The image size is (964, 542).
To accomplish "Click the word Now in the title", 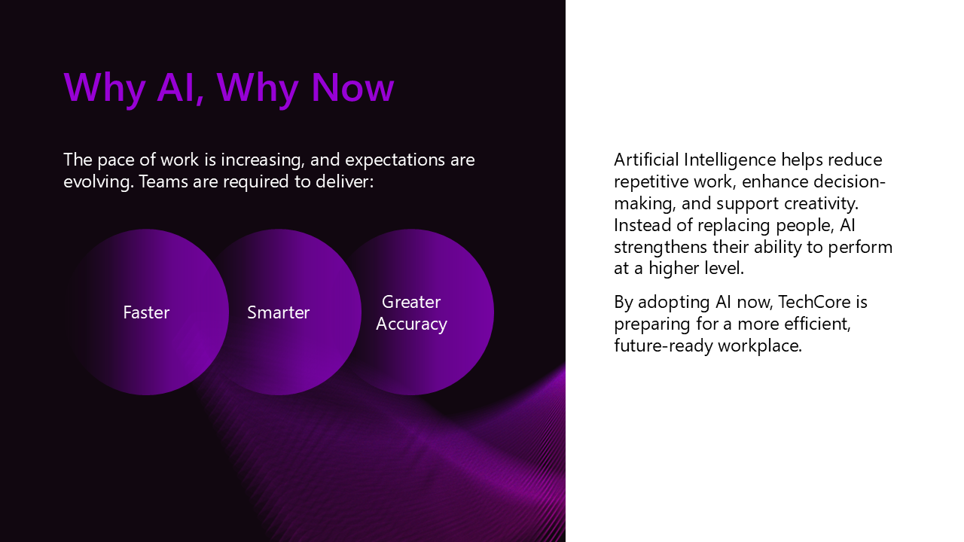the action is [x=352, y=88].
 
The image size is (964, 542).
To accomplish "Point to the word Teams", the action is [x=163, y=181].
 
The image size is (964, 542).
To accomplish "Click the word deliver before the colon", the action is [x=342, y=181].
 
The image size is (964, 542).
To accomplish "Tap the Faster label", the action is [x=146, y=312].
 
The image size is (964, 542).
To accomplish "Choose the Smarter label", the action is [x=279, y=312].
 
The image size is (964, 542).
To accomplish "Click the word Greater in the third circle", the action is [x=411, y=302].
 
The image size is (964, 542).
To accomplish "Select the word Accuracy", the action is [x=411, y=324].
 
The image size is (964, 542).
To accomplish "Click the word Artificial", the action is [x=646, y=160].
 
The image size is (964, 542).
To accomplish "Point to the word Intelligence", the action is [x=730, y=160].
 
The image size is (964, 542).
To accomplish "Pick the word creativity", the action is [x=821, y=203].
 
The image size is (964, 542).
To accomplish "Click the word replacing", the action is [x=734, y=226].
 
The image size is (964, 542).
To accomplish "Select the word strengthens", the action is [x=660, y=248].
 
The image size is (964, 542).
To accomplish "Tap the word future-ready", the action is [x=664, y=346].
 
